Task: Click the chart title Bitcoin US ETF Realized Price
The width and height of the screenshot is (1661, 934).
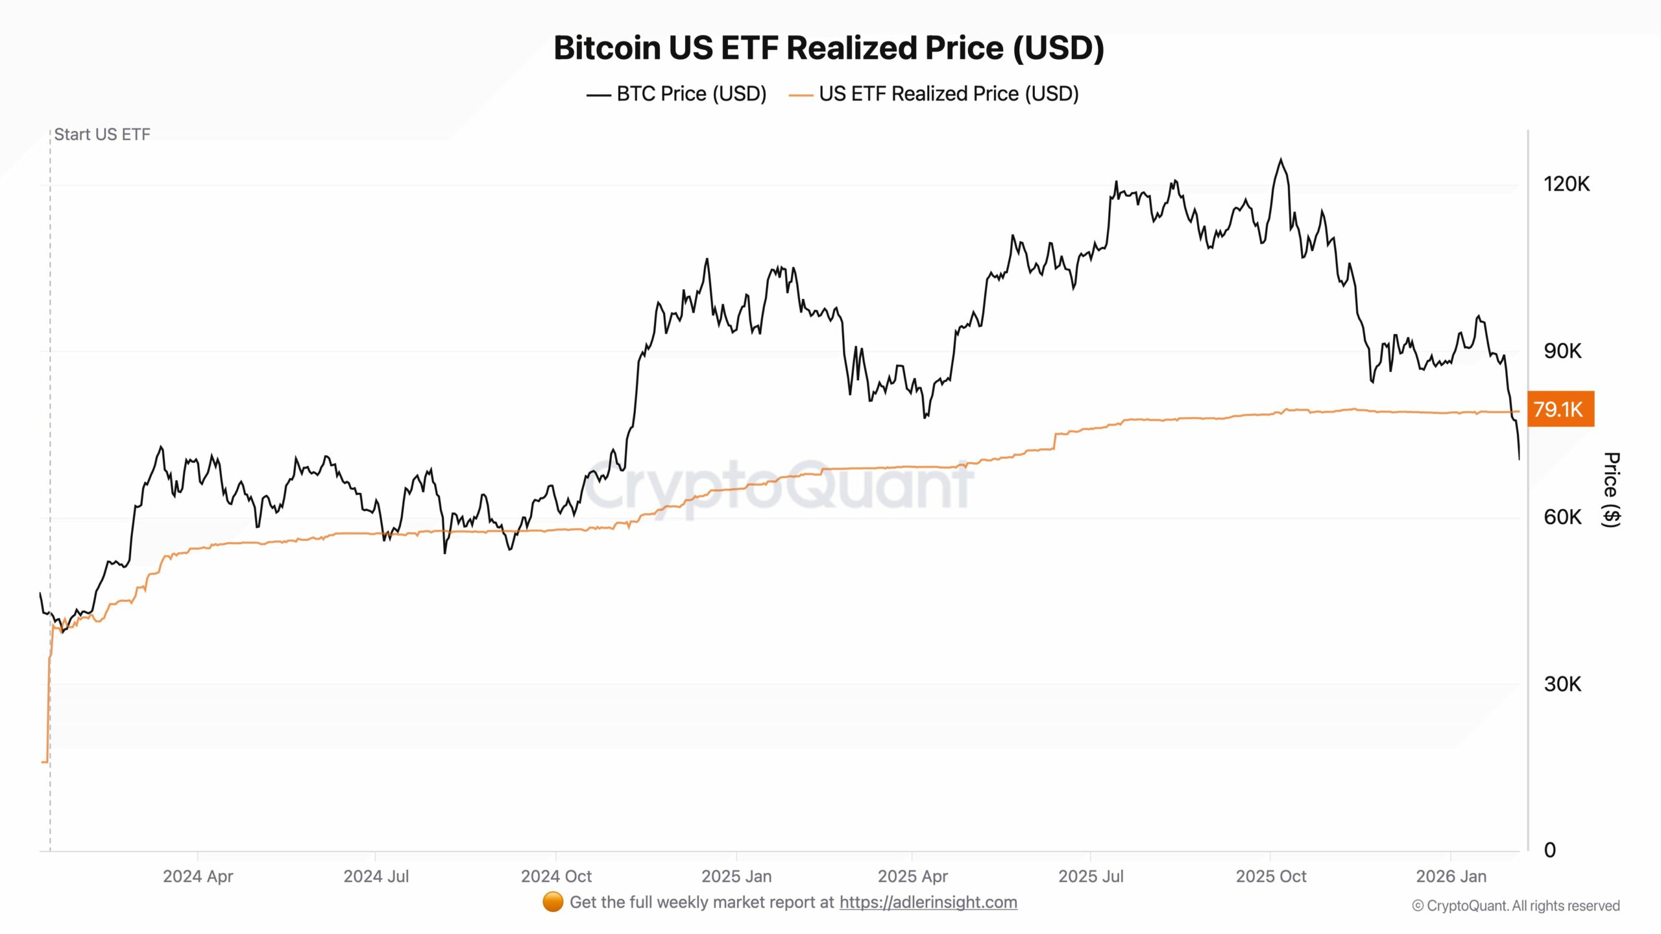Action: coord(829,48)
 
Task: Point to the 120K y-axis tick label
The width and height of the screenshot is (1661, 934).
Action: coord(1566,184)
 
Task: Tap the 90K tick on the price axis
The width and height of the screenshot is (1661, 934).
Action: coord(1562,351)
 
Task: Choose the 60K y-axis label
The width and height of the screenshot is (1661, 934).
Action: coord(1562,517)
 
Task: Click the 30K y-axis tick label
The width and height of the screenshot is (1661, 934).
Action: coord(1562,684)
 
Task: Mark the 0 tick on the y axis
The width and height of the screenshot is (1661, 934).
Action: coord(1550,850)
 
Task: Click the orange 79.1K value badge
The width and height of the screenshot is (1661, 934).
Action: coord(1560,409)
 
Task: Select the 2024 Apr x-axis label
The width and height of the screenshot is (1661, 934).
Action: coord(198,876)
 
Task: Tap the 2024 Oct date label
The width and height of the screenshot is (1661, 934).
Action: coord(556,876)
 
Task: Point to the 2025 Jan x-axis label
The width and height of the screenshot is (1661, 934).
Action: coord(736,876)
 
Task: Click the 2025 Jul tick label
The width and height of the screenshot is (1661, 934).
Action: coord(1091,876)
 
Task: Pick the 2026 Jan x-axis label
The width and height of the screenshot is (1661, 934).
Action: coord(1451,876)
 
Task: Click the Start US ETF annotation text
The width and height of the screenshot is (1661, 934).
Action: coord(102,134)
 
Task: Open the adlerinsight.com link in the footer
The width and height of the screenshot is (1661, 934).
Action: coord(928,902)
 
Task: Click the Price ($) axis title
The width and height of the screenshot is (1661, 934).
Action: coord(1612,490)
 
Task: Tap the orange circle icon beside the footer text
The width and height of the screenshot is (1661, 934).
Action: coord(553,902)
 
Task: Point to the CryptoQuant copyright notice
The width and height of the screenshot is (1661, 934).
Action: coord(1516,905)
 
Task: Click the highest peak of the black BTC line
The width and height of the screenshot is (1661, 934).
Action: coord(1281,159)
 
